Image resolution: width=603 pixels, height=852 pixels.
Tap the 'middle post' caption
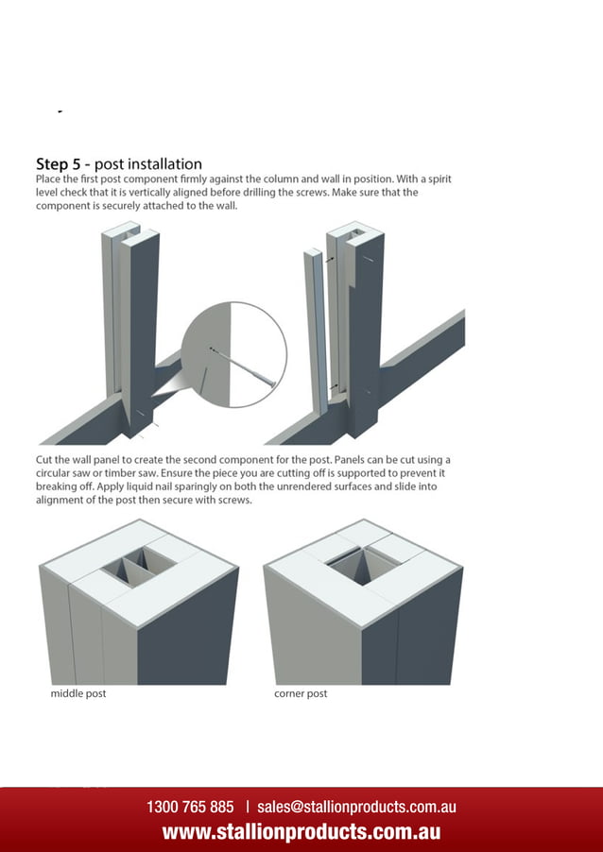tap(78, 693)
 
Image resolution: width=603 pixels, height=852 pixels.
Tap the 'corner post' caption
tap(301, 693)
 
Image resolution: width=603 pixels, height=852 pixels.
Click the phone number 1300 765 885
tap(190, 807)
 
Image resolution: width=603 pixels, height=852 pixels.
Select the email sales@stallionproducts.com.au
tap(356, 807)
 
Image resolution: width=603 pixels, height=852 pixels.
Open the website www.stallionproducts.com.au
tap(301, 832)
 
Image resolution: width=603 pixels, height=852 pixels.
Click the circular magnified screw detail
tap(233, 355)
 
